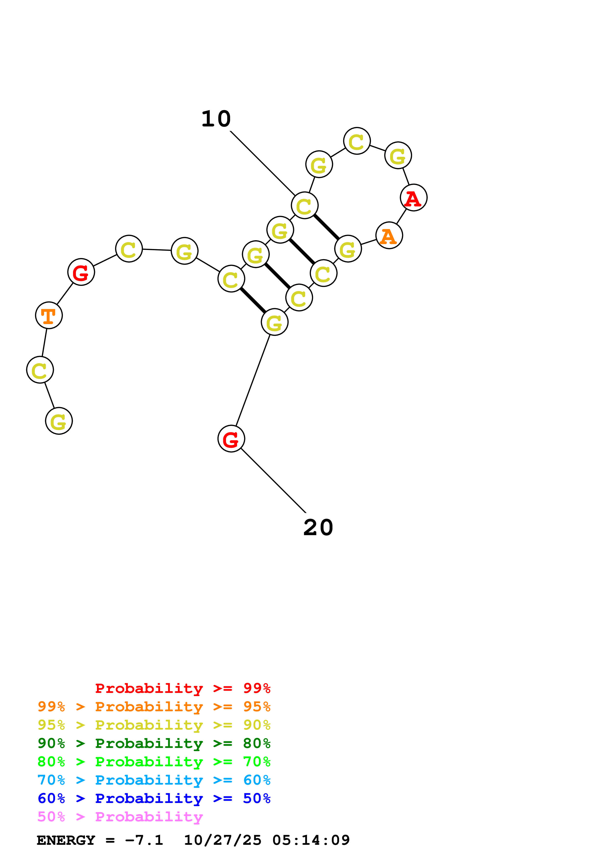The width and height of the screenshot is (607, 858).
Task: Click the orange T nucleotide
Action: pyautogui.click(x=49, y=316)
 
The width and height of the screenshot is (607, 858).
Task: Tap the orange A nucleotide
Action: pyautogui.click(x=389, y=236)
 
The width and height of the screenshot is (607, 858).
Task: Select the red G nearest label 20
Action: pyautogui.click(x=231, y=439)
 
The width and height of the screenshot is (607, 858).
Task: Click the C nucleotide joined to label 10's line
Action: pyautogui.click(x=304, y=205)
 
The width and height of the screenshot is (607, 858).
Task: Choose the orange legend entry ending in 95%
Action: pyautogui.click(x=154, y=707)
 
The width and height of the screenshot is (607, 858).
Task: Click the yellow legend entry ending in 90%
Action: pyautogui.click(x=154, y=725)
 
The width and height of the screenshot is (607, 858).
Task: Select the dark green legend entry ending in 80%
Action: pyautogui.click(x=154, y=743)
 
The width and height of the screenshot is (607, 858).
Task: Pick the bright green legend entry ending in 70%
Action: pyautogui.click(x=154, y=762)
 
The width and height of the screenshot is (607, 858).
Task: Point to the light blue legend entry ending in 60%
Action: pyautogui.click(x=154, y=780)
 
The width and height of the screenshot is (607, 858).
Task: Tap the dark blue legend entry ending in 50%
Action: pyautogui.click(x=154, y=798)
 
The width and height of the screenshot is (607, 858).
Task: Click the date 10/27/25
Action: pyautogui.click(x=223, y=840)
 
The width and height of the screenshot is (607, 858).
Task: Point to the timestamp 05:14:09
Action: pyautogui.click(x=311, y=840)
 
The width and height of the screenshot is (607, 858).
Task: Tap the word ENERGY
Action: pyautogui.click(x=66, y=840)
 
